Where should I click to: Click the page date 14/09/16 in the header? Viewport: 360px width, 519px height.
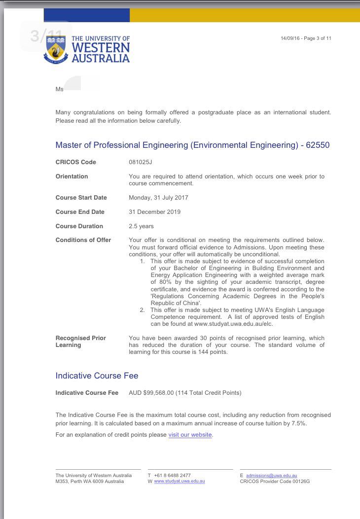point(289,38)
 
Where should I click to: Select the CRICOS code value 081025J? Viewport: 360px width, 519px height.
point(141,162)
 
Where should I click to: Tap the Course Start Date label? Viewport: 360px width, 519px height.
point(81,198)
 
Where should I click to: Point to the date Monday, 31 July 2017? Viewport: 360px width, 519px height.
point(158,198)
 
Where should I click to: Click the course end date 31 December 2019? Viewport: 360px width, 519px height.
point(154,212)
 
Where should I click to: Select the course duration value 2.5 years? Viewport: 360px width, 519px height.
point(141,226)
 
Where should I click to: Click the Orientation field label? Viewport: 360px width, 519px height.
point(72,176)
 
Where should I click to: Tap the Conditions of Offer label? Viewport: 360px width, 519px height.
point(83,240)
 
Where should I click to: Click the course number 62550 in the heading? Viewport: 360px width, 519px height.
point(318,145)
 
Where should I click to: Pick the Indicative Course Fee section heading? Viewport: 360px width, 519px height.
point(97,376)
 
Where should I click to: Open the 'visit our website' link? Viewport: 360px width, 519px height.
point(190,435)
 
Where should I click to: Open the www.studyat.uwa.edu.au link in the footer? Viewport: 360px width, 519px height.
point(180,481)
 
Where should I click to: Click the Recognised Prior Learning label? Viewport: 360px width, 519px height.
point(81,342)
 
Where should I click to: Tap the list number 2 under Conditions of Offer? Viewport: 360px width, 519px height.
point(142,310)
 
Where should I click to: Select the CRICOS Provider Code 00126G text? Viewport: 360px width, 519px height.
point(275,481)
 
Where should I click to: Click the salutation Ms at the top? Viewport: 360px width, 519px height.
point(60,90)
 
